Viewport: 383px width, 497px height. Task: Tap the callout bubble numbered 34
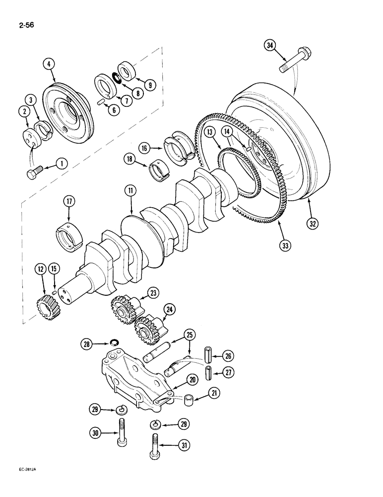coord(269,46)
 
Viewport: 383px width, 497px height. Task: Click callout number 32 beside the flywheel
coord(312,223)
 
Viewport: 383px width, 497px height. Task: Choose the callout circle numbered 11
coord(129,190)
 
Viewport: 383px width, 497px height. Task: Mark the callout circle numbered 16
coord(144,147)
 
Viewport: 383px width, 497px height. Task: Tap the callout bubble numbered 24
coord(170,309)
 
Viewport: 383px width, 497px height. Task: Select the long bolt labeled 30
coord(122,432)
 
